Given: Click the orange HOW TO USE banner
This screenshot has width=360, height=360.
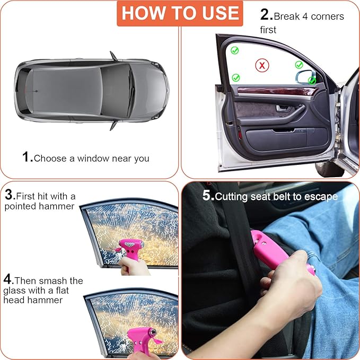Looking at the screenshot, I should (180, 13).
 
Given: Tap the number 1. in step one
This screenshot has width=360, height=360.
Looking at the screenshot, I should (27, 157).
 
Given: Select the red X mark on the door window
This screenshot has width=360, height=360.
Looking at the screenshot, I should (261, 66).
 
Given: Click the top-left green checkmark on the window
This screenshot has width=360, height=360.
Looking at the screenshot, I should (234, 50).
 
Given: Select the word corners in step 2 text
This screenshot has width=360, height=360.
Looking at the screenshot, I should (327, 16).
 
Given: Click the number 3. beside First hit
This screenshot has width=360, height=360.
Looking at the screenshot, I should (9, 196).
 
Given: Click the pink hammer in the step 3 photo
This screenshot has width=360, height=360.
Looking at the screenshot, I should (130, 247).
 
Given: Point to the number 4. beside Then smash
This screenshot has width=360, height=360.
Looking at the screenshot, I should (8, 279).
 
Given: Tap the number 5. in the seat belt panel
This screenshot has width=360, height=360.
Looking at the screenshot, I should (208, 196).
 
